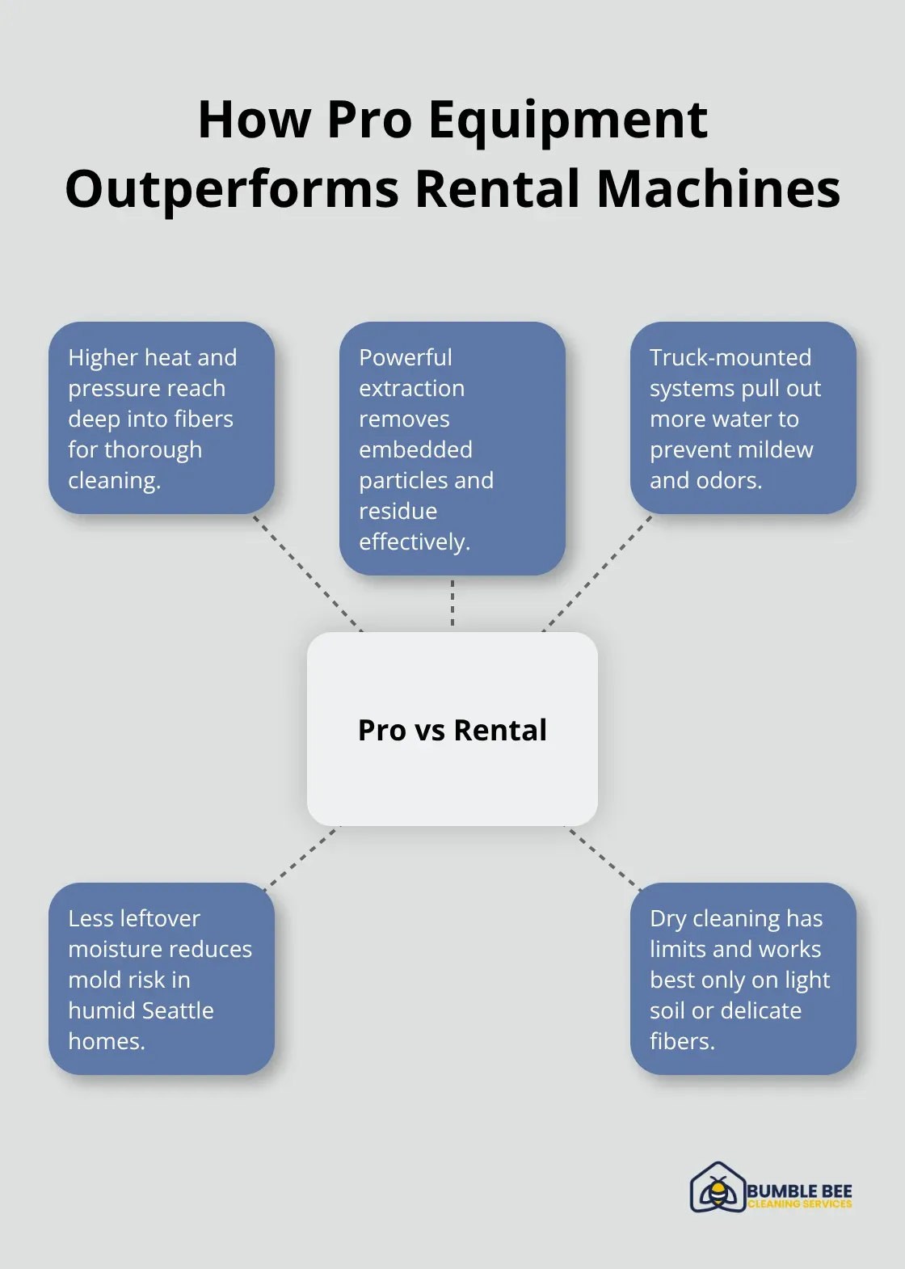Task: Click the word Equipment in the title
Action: point(568,120)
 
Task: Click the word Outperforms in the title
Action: point(231,189)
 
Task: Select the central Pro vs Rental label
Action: point(452,730)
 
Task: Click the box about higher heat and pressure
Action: point(162,418)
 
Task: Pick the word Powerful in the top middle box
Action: point(405,357)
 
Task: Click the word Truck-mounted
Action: point(730,357)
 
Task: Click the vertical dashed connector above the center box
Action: point(452,603)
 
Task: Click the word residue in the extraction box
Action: point(398,511)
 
